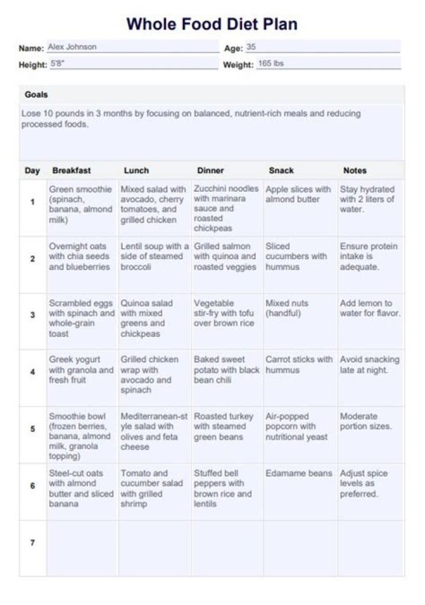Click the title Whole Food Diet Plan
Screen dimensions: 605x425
point(212,24)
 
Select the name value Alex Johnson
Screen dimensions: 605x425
point(72,47)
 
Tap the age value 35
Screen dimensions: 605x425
point(251,47)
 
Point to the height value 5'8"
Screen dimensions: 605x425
point(57,64)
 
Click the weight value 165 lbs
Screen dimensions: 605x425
point(271,64)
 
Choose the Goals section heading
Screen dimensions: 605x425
point(37,94)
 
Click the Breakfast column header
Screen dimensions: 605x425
point(71,171)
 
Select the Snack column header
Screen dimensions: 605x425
point(281,171)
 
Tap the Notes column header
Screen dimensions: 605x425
point(355,171)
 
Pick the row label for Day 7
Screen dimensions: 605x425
point(32,542)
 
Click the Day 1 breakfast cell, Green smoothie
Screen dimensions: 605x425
point(81,204)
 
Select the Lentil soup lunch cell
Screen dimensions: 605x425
point(155,256)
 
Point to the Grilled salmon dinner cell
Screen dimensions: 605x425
point(225,256)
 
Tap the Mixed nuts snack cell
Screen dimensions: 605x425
point(287,308)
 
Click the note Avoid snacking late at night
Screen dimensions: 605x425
point(370,365)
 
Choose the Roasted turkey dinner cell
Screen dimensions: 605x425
point(224,426)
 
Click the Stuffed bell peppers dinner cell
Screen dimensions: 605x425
point(223,488)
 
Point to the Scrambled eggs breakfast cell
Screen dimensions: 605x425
point(81,318)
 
